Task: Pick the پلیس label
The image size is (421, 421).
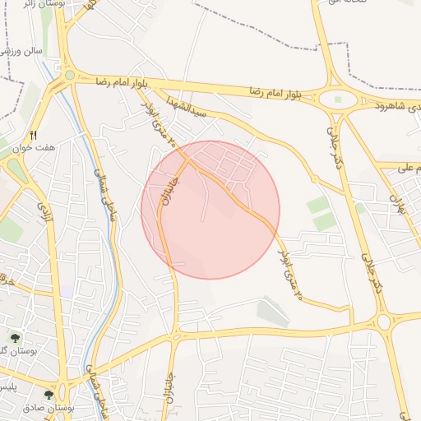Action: (7, 386)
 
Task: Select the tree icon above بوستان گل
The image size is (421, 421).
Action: (14, 337)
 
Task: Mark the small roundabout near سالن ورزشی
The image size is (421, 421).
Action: (69, 75)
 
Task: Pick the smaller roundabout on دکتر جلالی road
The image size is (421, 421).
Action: (383, 321)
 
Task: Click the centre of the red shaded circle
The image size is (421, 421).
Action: (210, 210)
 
